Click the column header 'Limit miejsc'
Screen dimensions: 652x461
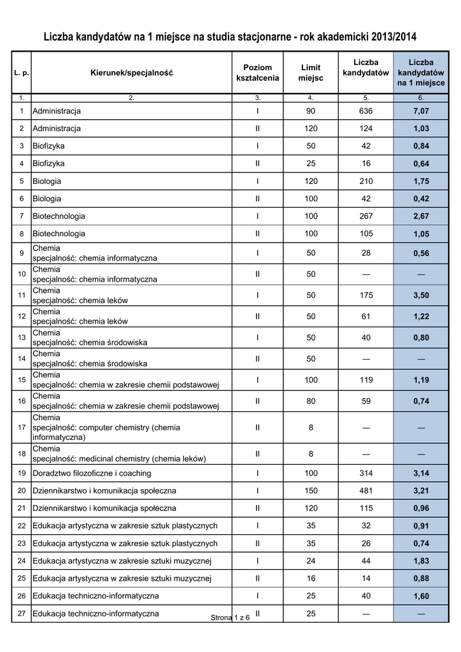click(x=311, y=73)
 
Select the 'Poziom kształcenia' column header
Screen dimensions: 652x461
click(x=257, y=73)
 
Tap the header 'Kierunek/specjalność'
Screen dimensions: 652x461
click(x=131, y=73)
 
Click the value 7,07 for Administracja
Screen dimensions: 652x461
click(x=421, y=111)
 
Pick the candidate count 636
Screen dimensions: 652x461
click(x=365, y=111)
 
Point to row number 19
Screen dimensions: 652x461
click(x=22, y=473)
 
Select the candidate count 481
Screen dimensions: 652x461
click(x=365, y=491)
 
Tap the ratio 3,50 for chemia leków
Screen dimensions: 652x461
click(x=421, y=295)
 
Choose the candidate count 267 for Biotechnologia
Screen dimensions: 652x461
click(x=365, y=216)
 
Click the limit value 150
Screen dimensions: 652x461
click(x=311, y=491)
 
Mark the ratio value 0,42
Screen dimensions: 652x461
click(x=421, y=199)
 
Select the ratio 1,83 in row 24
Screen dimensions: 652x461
click(x=421, y=561)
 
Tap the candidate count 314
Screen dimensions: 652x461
click(x=365, y=473)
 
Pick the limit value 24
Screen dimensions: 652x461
click(x=311, y=561)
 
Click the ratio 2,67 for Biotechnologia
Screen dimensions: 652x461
click(x=421, y=216)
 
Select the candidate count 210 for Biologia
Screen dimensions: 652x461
click(x=365, y=181)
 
